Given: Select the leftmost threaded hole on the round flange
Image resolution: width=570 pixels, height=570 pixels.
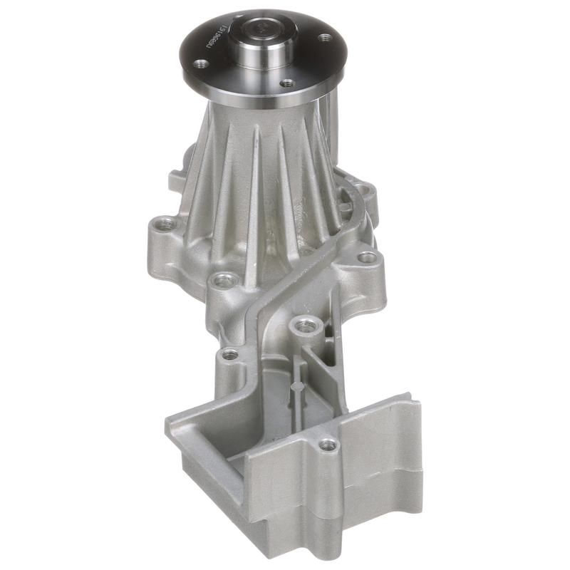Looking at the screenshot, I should [x=202, y=63].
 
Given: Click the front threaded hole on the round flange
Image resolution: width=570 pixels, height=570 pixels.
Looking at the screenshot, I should [x=286, y=83].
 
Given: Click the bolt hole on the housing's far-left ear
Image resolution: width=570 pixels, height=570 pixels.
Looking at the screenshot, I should [x=165, y=224].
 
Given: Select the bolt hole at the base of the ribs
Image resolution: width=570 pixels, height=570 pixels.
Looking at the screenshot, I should [x=224, y=280].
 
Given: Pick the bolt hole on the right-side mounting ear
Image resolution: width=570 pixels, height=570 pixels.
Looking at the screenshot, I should [x=367, y=257].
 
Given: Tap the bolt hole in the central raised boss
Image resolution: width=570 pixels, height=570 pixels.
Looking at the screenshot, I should [x=305, y=326].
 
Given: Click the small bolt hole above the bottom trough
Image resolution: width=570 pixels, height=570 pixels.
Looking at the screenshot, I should [x=229, y=354].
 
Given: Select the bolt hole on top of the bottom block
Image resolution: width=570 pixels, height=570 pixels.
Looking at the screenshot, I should [x=328, y=445].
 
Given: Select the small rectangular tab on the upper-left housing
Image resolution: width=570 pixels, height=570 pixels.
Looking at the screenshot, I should [x=176, y=180].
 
